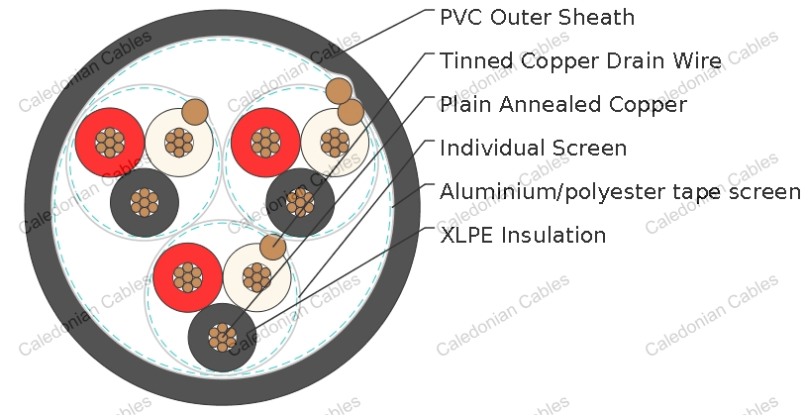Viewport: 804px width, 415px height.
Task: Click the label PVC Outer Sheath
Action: coord(537,17)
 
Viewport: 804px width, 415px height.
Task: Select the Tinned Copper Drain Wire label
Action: coord(580,60)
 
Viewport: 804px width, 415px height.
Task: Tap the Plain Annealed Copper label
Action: coord(563,104)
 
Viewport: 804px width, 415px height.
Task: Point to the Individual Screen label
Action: coord(533,148)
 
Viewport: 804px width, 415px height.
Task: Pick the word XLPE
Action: coord(466,236)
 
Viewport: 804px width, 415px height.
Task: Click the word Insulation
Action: coord(553,236)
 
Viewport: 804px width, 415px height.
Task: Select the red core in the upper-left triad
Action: coord(110,142)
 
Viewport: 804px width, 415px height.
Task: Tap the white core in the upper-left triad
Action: coord(179,143)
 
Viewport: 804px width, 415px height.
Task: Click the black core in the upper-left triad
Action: coord(145,203)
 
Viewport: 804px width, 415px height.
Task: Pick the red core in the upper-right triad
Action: coord(265,142)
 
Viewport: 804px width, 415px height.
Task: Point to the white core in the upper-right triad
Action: coord(335,143)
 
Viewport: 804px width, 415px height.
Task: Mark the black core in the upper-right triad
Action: coord(300,203)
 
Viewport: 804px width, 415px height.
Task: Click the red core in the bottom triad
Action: coord(188,277)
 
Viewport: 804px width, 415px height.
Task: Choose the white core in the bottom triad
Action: coord(256,277)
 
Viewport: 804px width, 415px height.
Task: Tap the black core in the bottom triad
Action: coord(223,338)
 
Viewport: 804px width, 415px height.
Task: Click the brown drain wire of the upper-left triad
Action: coord(195,112)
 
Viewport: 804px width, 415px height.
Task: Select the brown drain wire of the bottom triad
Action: coord(273,248)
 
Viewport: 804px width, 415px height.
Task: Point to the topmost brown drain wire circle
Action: coord(339,91)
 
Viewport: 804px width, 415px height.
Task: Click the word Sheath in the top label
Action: coord(596,17)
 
